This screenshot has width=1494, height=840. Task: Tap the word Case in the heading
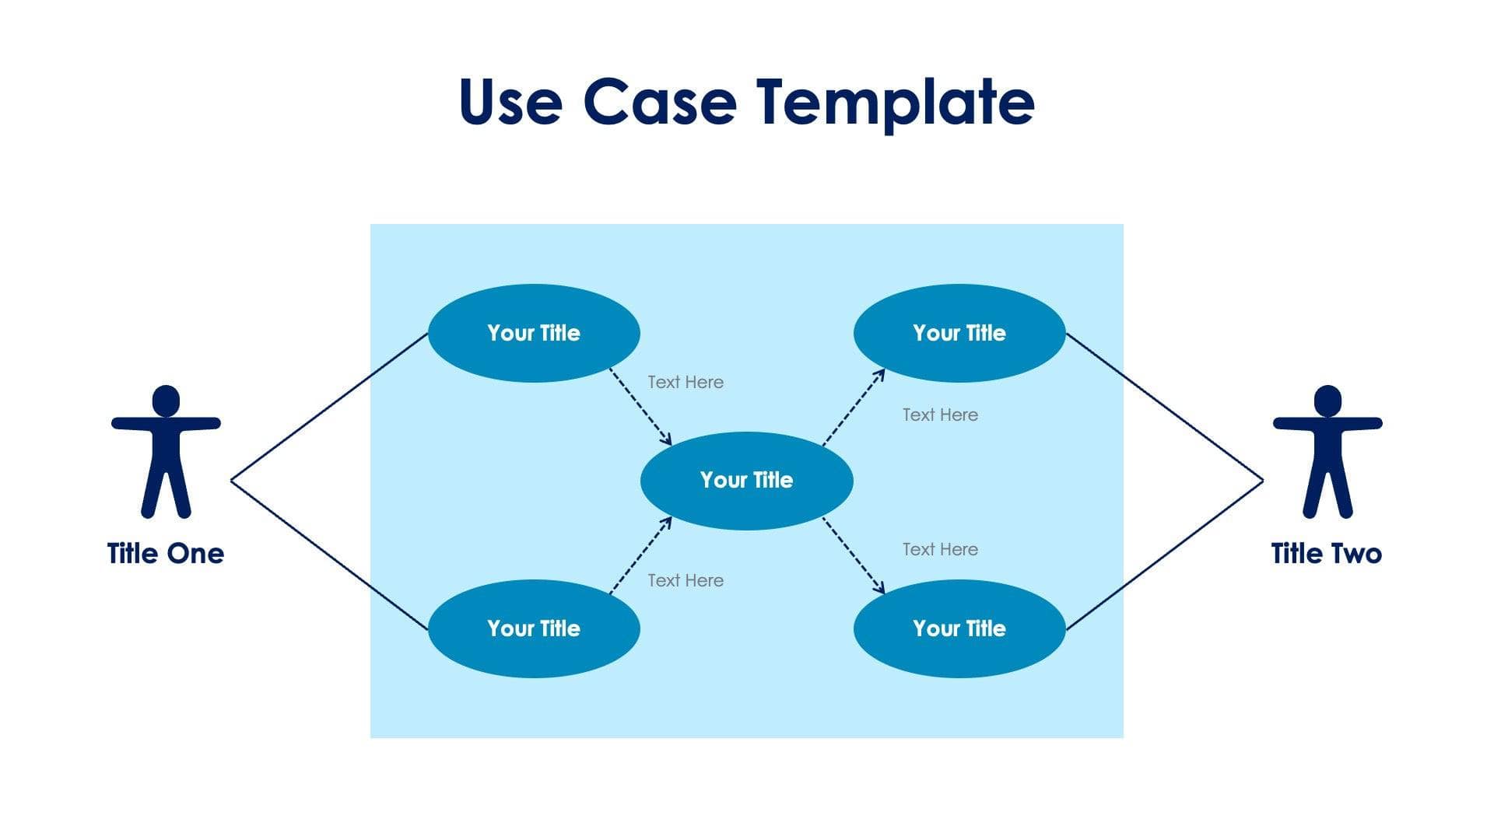point(659,102)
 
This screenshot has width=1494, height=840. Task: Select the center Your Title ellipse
point(746,481)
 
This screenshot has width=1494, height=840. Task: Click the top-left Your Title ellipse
point(534,333)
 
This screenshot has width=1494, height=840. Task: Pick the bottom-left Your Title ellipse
point(534,628)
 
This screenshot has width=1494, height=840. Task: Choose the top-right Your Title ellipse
point(959,333)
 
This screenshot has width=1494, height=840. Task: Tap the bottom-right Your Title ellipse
point(959,628)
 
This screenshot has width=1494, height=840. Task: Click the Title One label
point(165,554)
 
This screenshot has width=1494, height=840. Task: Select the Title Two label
point(1326,554)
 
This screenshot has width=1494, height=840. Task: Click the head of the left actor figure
point(166,401)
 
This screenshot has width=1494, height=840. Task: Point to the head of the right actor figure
point(1327,401)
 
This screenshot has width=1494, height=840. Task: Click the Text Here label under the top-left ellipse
point(685,382)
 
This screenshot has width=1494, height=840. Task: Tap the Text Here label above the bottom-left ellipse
point(685,580)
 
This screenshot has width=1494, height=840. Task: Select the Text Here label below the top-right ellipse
point(940,415)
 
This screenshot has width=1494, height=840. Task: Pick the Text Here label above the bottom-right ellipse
point(940,549)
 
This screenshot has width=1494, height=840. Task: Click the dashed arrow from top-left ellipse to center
point(640,406)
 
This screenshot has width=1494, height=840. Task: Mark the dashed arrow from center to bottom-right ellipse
point(854,555)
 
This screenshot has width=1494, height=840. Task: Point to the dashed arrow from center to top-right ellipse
point(854,407)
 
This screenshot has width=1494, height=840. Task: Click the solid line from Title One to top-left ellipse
point(329,407)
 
